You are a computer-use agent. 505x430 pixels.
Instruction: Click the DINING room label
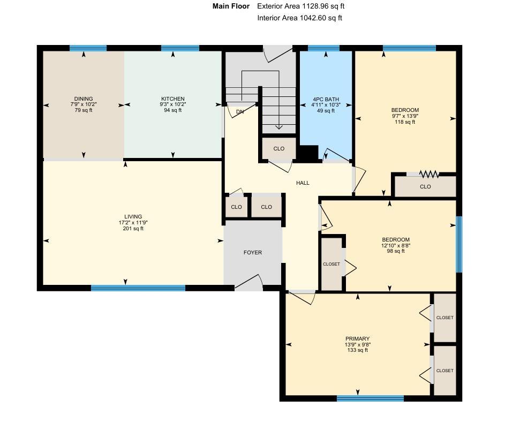pyautogui.click(x=84, y=99)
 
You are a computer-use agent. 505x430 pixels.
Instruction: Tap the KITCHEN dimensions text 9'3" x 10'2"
pyautogui.click(x=172, y=104)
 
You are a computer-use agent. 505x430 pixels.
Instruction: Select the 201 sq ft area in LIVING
pyautogui.click(x=133, y=229)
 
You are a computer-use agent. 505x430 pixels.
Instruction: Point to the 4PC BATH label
pyautogui.click(x=326, y=99)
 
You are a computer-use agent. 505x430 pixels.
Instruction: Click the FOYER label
pyautogui.click(x=253, y=253)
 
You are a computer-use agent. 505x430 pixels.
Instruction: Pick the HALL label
pyautogui.click(x=303, y=183)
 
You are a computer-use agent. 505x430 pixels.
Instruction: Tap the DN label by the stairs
pyautogui.click(x=239, y=112)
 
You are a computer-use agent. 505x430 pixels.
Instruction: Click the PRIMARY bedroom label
pyautogui.click(x=357, y=338)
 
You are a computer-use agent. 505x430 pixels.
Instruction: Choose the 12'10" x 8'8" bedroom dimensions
pyautogui.click(x=396, y=245)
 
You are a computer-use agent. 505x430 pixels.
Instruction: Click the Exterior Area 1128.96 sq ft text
pyautogui.click(x=301, y=6)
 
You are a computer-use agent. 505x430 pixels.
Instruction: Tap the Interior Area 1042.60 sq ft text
pyautogui.click(x=299, y=18)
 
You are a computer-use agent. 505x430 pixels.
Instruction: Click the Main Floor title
pyautogui.click(x=231, y=6)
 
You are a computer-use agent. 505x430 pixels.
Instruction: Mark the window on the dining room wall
pyautogui.click(x=88, y=48)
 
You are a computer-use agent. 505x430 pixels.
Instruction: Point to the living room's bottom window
pyautogui.click(x=138, y=288)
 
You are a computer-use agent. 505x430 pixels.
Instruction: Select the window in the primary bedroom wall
pyautogui.click(x=370, y=398)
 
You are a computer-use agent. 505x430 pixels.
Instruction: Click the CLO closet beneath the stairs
pyautogui.click(x=278, y=148)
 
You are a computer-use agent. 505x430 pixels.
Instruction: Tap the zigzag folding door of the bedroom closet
pyautogui.click(x=429, y=174)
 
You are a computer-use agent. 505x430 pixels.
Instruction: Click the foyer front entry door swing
pyautogui.click(x=248, y=281)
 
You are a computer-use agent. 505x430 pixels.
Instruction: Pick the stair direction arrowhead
pyautogui.click(x=279, y=127)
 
